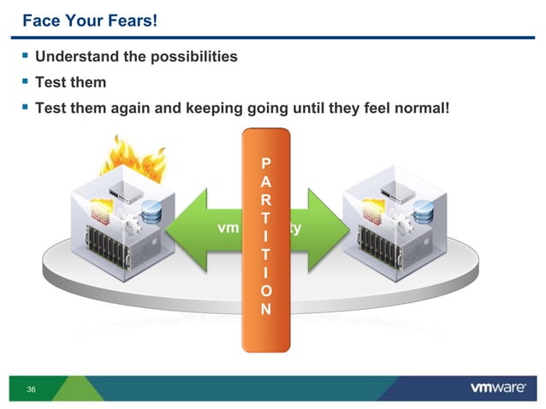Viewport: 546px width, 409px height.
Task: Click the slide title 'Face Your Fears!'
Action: pyautogui.click(x=89, y=19)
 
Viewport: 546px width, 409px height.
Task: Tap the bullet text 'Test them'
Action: pyautogui.click(x=70, y=83)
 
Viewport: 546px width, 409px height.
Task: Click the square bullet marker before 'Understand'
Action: pyautogui.click(x=25, y=57)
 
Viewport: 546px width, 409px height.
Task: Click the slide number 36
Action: pyautogui.click(x=32, y=390)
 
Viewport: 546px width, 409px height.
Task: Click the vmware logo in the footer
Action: pyautogui.click(x=497, y=388)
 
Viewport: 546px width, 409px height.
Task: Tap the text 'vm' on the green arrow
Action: pyautogui.click(x=228, y=229)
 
